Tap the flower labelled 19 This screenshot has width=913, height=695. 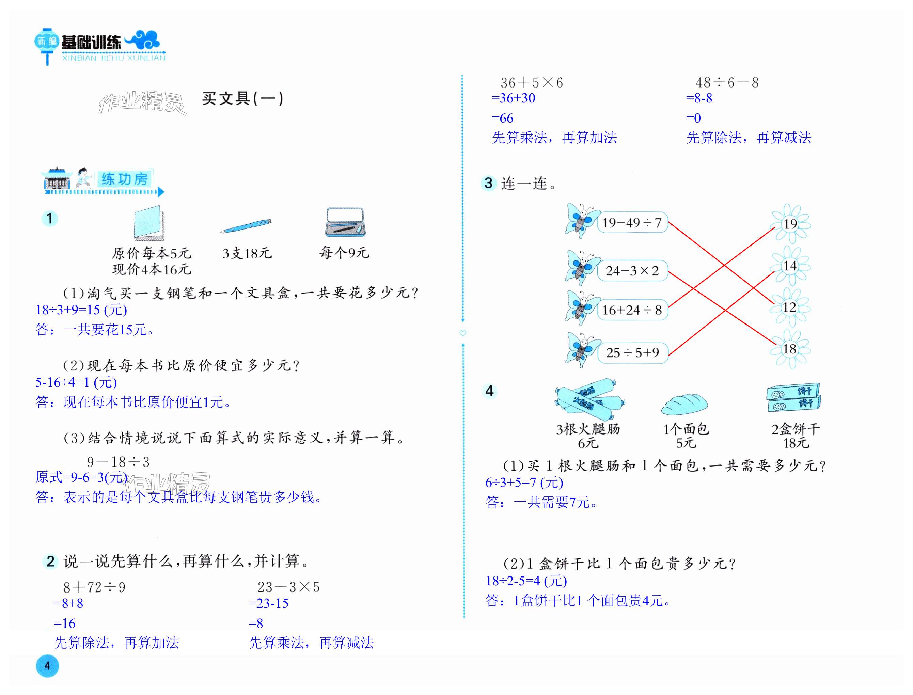790,224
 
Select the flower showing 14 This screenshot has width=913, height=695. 790,266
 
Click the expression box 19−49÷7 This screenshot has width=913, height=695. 632,223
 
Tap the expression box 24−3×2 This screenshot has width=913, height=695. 632,271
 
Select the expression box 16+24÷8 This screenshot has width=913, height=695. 632,310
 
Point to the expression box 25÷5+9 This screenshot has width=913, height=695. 632,352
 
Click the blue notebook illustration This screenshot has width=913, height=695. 149,223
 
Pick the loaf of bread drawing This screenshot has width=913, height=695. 684,404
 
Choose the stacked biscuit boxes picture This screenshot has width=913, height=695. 793,397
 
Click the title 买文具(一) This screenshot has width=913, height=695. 242,98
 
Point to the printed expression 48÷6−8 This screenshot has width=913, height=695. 727,83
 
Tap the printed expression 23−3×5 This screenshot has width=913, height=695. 288,587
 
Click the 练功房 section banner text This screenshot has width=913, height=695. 124,179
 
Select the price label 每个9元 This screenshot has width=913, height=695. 344,252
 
